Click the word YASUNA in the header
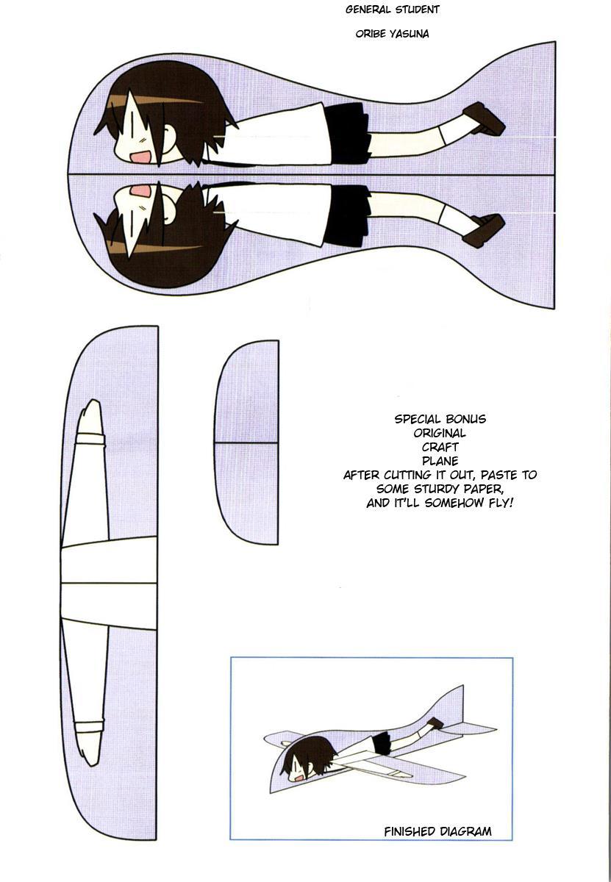(x=410, y=34)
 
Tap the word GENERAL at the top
(x=368, y=10)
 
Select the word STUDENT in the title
(x=417, y=10)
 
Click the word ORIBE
(x=371, y=34)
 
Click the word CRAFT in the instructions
(x=440, y=447)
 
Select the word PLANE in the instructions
(x=440, y=461)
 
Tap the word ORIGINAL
(x=440, y=433)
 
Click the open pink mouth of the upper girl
(x=141, y=157)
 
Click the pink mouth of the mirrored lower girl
(x=141, y=191)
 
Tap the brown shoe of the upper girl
(x=484, y=119)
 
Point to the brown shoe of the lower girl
(x=484, y=231)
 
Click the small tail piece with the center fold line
(x=247, y=442)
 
